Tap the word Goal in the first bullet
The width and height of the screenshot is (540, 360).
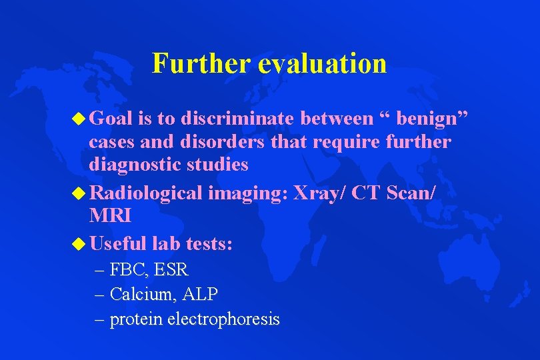click(111, 119)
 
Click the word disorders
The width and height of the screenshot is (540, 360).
click(207, 141)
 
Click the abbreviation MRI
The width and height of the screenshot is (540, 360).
click(110, 215)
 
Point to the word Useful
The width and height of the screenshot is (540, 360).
click(119, 243)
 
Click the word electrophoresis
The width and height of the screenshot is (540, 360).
click(223, 319)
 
